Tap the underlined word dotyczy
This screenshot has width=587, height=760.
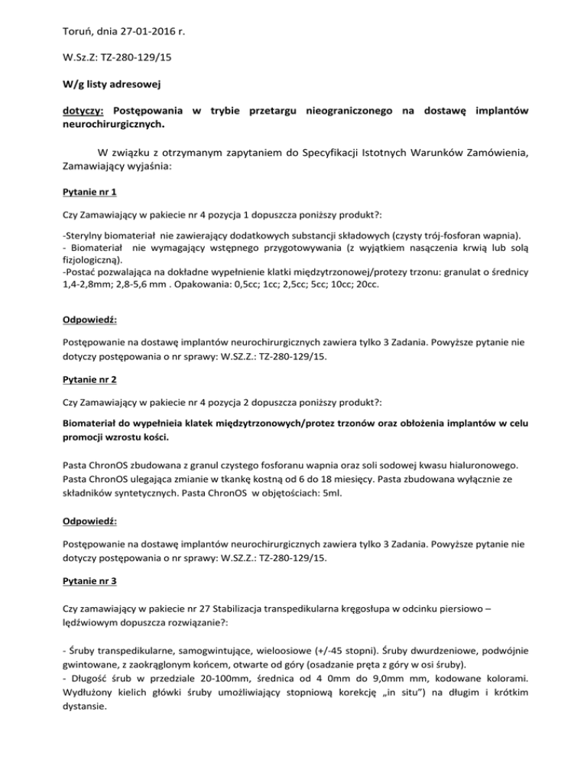pyautogui.click(x=84, y=112)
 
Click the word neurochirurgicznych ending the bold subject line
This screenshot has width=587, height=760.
pyautogui.click(x=112, y=126)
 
